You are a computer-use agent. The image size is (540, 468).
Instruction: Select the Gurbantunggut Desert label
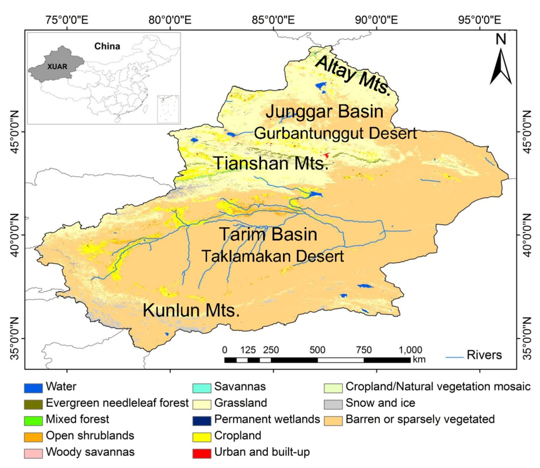(335, 133)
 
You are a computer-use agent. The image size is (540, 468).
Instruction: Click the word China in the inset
(107, 46)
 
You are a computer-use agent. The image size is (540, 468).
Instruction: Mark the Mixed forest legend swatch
(33, 420)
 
